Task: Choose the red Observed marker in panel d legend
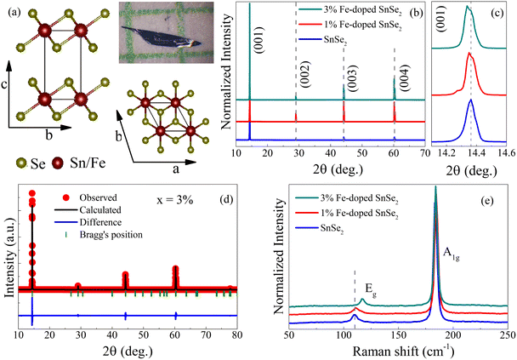66,197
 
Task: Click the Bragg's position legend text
111,235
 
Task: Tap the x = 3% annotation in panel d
175,200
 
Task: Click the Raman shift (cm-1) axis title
399,351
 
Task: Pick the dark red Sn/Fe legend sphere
58,163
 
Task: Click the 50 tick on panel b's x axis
362,153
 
